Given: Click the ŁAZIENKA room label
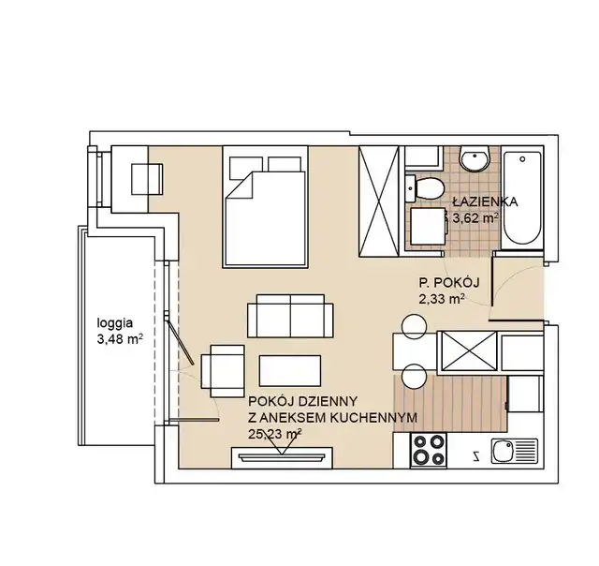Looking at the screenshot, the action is tap(485, 201).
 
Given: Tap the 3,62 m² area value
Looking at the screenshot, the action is tap(475, 218).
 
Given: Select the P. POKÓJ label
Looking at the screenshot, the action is tap(449, 283).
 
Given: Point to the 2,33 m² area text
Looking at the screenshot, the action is tap(442, 299).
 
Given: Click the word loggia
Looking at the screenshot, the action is tap(115, 323).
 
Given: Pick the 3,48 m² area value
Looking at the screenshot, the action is tap(120, 339).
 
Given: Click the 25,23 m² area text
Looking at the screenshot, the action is tap(275, 434).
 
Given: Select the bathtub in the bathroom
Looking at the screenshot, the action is tap(522, 198).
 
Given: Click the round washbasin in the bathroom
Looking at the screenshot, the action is tap(475, 159).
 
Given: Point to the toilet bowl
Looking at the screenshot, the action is tap(425, 188).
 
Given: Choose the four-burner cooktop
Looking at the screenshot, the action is tap(429, 450).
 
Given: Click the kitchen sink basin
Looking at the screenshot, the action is tap(503, 451).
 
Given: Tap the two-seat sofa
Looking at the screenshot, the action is tap(290, 316).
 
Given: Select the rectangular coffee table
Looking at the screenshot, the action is tap(290, 370).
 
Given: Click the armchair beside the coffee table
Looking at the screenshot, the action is tap(223, 371).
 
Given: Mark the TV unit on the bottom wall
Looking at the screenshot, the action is tap(282, 457).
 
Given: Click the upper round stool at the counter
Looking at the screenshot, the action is tap(414, 327).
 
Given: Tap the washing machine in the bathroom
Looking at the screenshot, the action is tap(429, 226).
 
